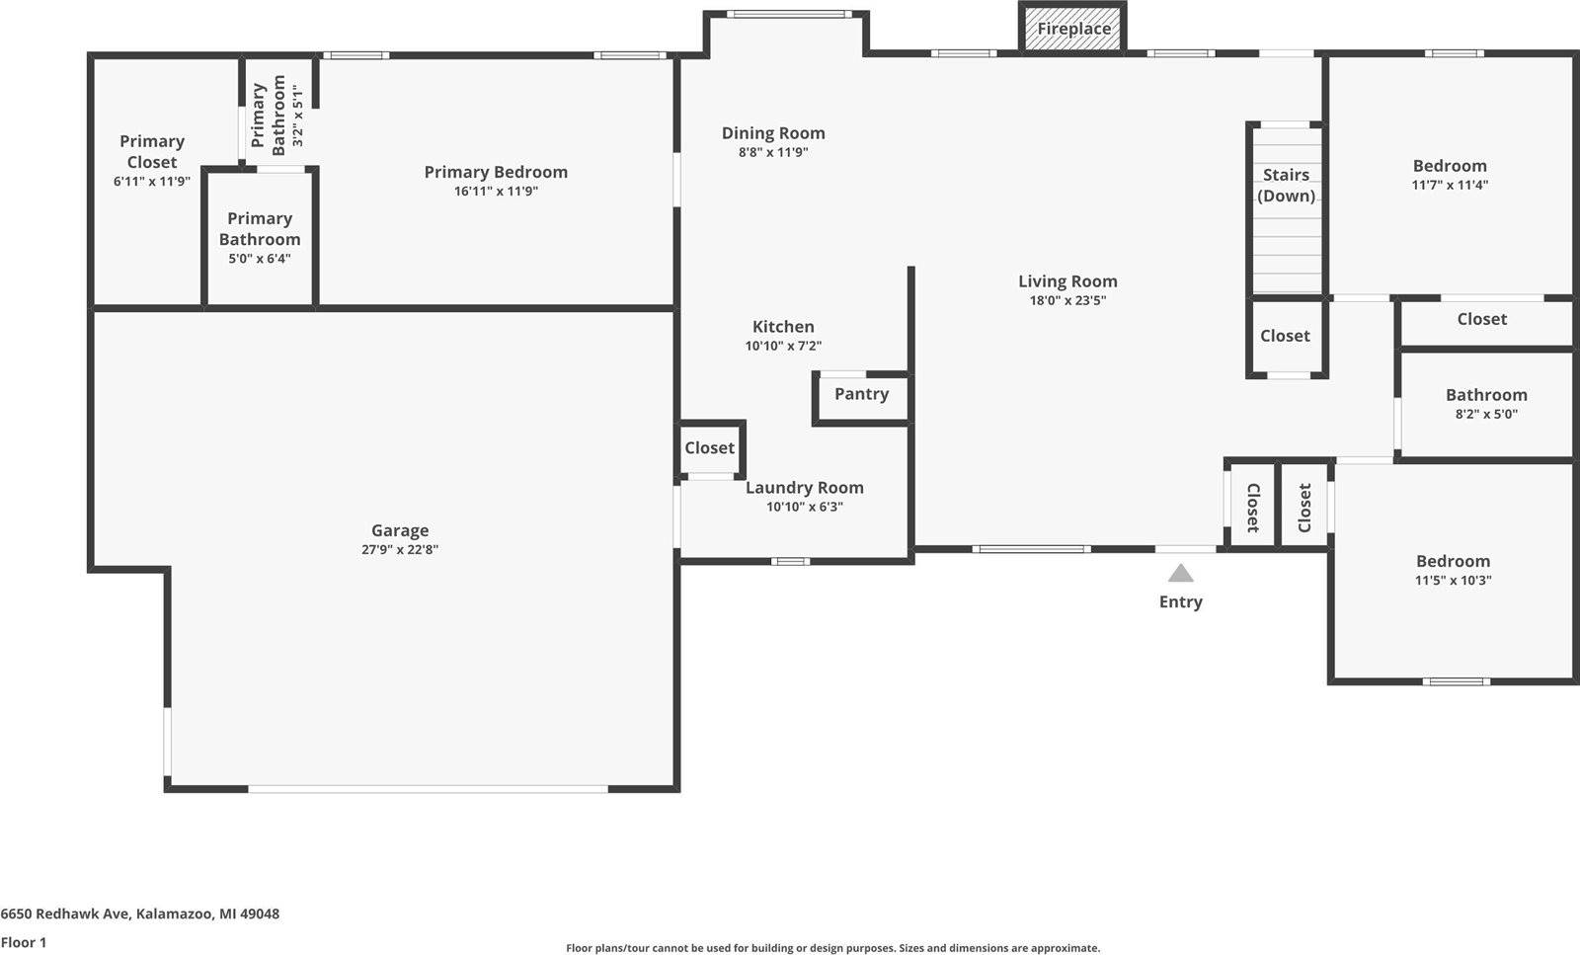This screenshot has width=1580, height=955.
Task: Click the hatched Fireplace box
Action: (x=1072, y=29)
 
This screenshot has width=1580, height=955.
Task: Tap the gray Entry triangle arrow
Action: (x=1180, y=573)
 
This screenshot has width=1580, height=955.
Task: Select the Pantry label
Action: (x=861, y=394)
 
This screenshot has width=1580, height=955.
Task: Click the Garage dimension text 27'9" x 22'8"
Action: (x=399, y=550)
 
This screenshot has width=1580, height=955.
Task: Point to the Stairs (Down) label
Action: (x=1286, y=185)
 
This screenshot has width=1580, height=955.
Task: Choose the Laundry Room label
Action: (x=804, y=488)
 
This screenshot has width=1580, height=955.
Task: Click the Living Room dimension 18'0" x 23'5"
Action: (x=1066, y=301)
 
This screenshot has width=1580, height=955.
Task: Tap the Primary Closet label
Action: (x=151, y=151)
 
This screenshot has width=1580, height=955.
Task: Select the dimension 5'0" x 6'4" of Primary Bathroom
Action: (x=259, y=259)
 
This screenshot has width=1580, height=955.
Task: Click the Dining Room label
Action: (x=772, y=133)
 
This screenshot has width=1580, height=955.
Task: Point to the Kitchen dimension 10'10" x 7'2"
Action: (x=783, y=346)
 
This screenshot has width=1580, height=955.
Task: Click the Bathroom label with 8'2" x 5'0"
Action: (x=1485, y=395)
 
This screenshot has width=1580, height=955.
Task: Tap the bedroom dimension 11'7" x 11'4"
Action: (x=1449, y=185)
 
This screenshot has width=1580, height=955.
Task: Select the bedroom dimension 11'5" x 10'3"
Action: (x=1453, y=581)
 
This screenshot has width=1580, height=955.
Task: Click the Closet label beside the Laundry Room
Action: (x=709, y=448)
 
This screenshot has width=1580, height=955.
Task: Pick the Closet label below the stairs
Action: (x=1285, y=336)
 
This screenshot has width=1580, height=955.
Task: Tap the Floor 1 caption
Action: (x=24, y=942)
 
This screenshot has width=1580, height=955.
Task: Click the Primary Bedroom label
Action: (x=496, y=172)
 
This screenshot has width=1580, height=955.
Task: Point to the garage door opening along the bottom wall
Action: (x=428, y=788)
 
